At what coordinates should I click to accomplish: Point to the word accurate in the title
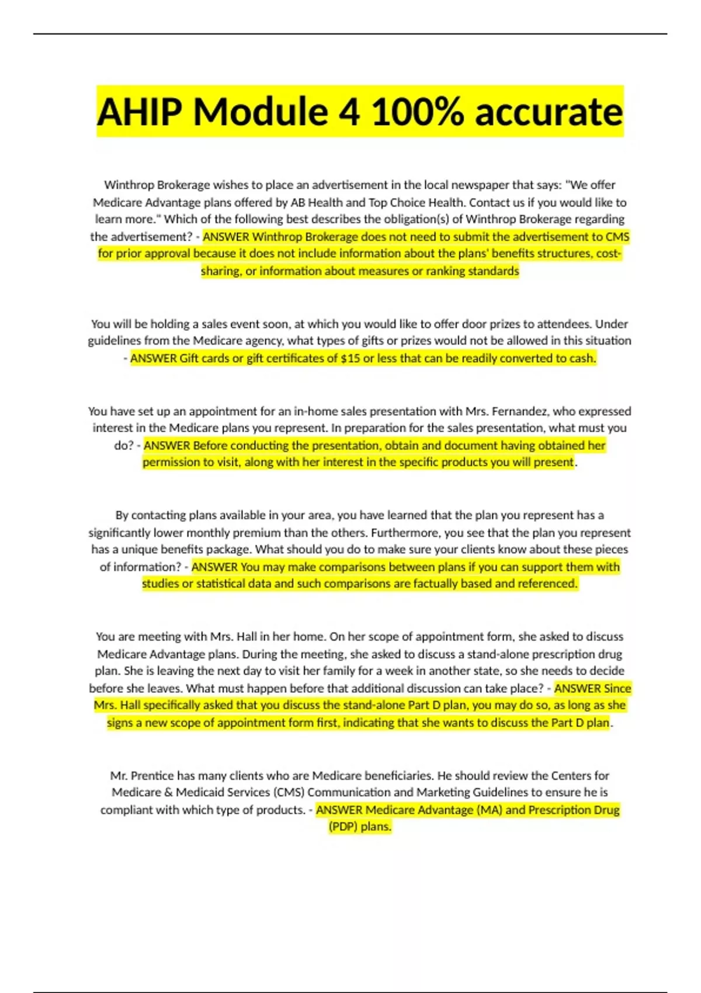[549, 112]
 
